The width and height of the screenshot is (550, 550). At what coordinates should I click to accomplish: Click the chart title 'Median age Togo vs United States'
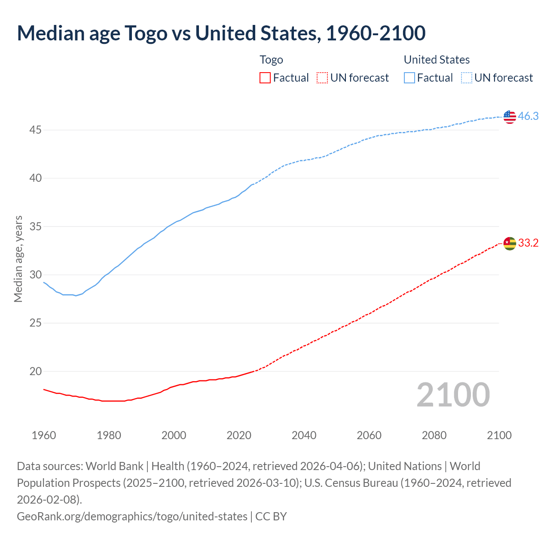[x=221, y=33]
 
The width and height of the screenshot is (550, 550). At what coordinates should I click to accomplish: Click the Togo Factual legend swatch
[x=265, y=78]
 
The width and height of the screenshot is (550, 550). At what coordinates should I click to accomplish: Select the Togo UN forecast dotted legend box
[x=322, y=78]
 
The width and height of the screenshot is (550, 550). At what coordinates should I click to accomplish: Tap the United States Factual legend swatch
[x=409, y=78]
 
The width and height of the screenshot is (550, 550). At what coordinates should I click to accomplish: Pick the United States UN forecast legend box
[x=467, y=78]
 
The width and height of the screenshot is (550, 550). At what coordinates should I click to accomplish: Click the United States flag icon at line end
[x=510, y=116]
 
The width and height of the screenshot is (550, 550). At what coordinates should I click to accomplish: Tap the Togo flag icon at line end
[x=510, y=243]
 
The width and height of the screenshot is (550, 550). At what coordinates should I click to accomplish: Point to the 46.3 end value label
[x=528, y=116]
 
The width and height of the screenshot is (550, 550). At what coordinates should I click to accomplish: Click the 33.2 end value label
[x=528, y=243]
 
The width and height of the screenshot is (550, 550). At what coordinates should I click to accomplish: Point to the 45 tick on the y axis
[x=35, y=130]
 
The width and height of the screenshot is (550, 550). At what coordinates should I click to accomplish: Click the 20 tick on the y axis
[x=35, y=371]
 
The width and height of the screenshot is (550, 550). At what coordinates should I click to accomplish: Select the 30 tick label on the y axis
[x=35, y=275]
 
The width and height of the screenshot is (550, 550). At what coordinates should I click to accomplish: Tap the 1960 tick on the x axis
[x=44, y=435]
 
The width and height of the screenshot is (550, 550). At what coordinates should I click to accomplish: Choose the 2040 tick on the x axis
[x=304, y=435]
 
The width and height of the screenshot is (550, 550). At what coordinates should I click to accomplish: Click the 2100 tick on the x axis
[x=499, y=435]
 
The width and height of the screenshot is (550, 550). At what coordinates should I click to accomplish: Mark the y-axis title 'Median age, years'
[x=18, y=259]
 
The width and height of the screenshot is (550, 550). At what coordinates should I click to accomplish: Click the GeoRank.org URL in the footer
[x=132, y=516]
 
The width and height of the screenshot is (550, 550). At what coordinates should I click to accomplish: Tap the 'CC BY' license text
[x=271, y=516]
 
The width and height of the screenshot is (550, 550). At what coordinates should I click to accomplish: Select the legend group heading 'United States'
[x=437, y=60]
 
